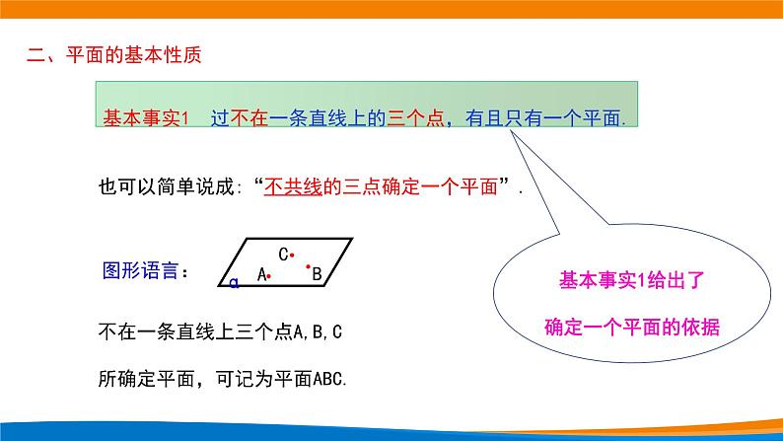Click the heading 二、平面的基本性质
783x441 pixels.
pos(114,55)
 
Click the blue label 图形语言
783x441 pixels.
pos(142,270)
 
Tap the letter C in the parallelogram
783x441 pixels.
pos(282,255)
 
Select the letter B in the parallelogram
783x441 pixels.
pos(317,275)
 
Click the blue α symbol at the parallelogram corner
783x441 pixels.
pos(233,283)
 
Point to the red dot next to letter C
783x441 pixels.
pos(293,254)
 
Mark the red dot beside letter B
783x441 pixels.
pos(308,266)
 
